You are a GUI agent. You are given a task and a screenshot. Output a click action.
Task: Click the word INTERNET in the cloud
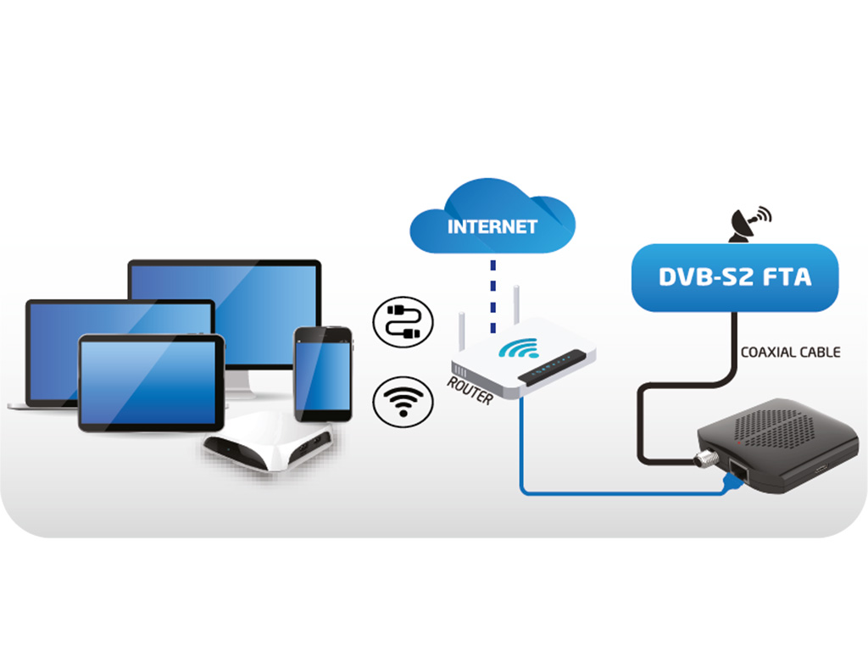click(492, 227)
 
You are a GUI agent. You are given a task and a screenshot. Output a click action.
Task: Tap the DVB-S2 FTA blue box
click(735, 277)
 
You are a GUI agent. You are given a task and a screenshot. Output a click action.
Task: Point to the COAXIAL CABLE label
click(790, 352)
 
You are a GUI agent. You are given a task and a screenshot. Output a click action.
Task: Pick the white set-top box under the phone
click(270, 446)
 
